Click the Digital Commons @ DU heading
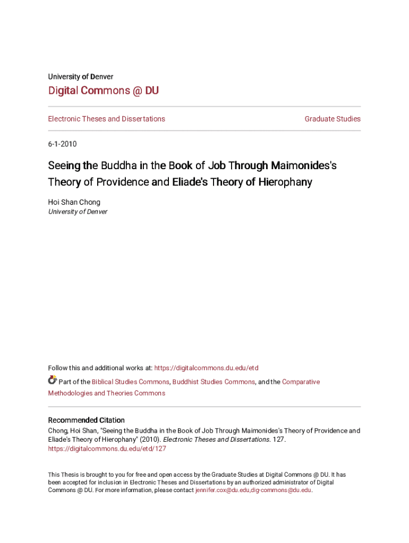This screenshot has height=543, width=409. [x=103, y=91]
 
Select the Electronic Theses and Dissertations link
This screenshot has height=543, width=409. [x=106, y=119]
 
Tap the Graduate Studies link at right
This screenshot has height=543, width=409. [x=333, y=119]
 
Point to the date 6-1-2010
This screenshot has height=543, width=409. [x=62, y=144]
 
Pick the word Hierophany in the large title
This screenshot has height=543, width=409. [x=285, y=182]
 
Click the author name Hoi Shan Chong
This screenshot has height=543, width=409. [x=74, y=202]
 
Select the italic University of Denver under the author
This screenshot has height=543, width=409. [x=78, y=212]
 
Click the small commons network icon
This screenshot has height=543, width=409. [x=52, y=380]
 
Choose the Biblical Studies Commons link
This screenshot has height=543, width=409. [x=130, y=382]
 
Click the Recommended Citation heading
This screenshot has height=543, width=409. [x=86, y=420]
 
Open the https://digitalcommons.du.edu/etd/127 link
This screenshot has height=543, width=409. [x=107, y=449]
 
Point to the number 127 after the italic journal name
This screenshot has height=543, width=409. [x=278, y=440]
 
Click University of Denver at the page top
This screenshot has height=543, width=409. [x=80, y=76]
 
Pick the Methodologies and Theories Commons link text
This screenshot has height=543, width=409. [x=106, y=393]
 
